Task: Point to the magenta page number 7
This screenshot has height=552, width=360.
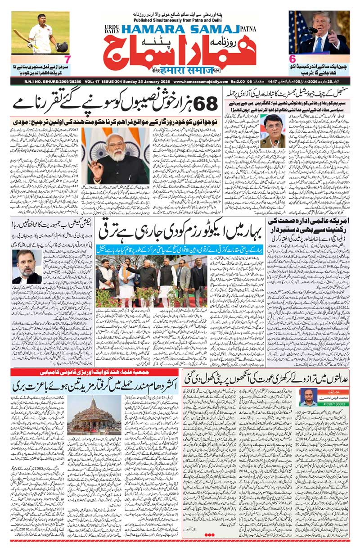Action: (67, 59)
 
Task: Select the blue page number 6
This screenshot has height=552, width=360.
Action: (292, 59)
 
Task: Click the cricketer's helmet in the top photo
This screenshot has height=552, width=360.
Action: (62, 46)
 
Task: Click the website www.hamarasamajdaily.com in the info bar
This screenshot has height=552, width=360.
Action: (199, 81)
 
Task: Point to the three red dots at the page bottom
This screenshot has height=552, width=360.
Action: (211, 534)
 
